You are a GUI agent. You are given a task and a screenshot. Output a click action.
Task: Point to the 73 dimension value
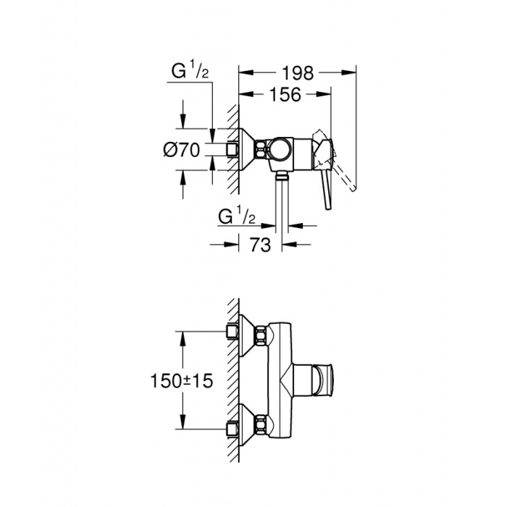point(261,245)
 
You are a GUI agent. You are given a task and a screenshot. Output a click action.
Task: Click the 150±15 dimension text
point(182,379)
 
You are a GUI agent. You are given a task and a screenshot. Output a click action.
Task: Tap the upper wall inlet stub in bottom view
point(232,332)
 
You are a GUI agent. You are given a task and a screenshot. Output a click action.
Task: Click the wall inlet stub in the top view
point(232,150)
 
